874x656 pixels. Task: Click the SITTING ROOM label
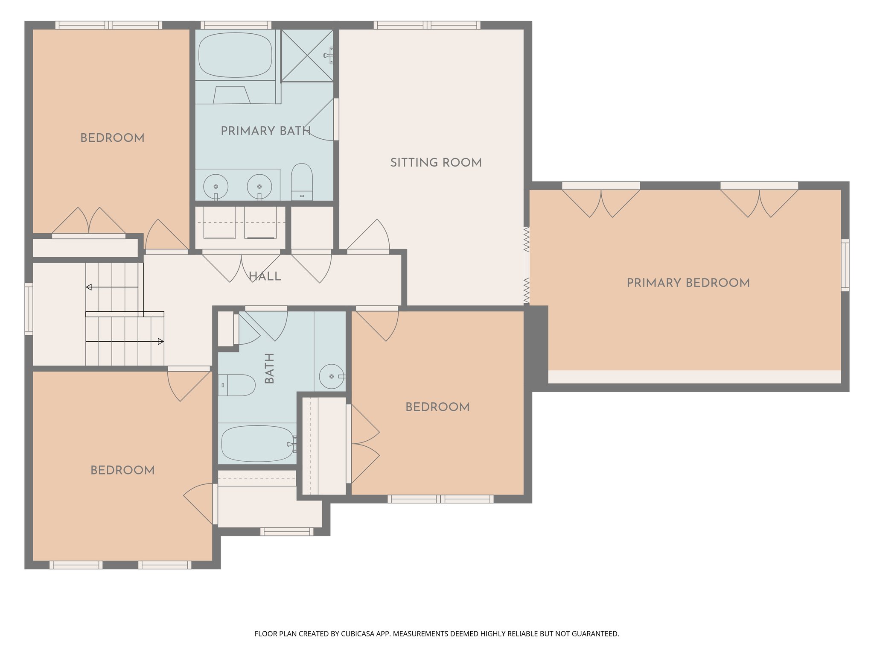tap(436, 163)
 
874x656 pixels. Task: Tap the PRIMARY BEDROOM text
tap(688, 283)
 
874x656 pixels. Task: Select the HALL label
tap(265, 277)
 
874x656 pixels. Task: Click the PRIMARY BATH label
tap(265, 131)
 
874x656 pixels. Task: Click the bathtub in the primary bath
tap(235, 55)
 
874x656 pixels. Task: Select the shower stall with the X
tap(307, 55)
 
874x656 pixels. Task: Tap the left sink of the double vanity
tap(216, 187)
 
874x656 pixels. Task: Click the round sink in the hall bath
tap(332, 376)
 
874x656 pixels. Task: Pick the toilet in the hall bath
tap(237, 385)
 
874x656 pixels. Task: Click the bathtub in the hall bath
tap(257, 444)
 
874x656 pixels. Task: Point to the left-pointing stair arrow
tap(89, 287)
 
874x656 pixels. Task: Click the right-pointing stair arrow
tap(160, 341)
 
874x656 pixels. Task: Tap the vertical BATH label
tap(269, 368)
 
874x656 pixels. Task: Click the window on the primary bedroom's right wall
tap(845, 265)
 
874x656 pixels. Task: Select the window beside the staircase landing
tap(29, 309)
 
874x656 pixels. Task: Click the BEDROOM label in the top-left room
tap(112, 138)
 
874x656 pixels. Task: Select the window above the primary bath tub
tap(236, 25)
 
